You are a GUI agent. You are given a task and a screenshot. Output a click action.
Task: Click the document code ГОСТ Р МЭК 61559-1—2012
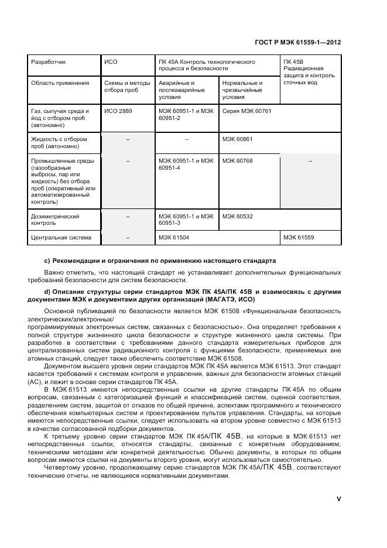tap(299, 43)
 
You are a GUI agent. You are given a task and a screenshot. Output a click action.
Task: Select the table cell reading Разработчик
tap(48, 61)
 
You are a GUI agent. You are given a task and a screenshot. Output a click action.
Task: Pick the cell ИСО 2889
tap(117, 110)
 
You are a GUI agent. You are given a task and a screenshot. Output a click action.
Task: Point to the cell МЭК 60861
tap(237, 139)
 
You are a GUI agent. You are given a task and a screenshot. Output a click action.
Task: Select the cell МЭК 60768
tap(237, 161)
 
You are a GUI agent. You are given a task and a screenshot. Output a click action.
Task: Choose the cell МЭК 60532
tap(237, 217)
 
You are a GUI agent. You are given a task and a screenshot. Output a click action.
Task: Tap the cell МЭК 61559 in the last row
tap(299, 238)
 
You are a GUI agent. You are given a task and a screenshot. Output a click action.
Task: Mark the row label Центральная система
tap(61, 238)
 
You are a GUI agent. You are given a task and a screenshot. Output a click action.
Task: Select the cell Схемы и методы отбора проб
tap(126, 87)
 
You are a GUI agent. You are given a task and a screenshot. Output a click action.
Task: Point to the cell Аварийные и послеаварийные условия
tap(181, 90)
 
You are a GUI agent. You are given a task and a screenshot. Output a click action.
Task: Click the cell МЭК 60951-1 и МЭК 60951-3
tap(186, 220)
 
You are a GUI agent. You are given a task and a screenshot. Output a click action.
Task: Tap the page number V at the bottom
tap(338, 499)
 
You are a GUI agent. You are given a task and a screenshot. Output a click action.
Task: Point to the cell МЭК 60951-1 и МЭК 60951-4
tap(186, 165)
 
